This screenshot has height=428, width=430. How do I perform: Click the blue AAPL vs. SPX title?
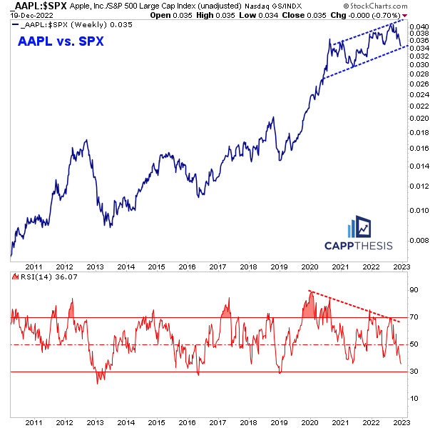tap(60, 41)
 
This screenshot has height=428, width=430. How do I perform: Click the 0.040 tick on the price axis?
tap(419, 26)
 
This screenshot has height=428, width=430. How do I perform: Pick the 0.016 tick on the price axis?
tap(419, 148)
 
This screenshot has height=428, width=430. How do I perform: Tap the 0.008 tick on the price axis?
tap(419, 239)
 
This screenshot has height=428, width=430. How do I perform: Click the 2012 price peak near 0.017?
tap(86, 141)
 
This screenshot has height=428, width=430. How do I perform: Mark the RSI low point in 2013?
tap(99, 382)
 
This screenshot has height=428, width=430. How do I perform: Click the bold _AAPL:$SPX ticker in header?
tap(26, 6)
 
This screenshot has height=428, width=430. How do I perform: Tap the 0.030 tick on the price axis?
tap(419, 64)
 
